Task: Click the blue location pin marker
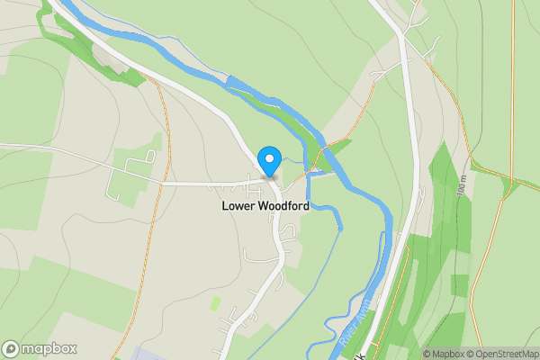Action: [x=268, y=160]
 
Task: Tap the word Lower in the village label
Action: [x=240, y=206]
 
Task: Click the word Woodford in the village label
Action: [x=284, y=206]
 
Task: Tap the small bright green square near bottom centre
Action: [x=215, y=304]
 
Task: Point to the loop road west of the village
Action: [x=126, y=175]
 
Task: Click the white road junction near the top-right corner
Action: [x=400, y=34]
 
